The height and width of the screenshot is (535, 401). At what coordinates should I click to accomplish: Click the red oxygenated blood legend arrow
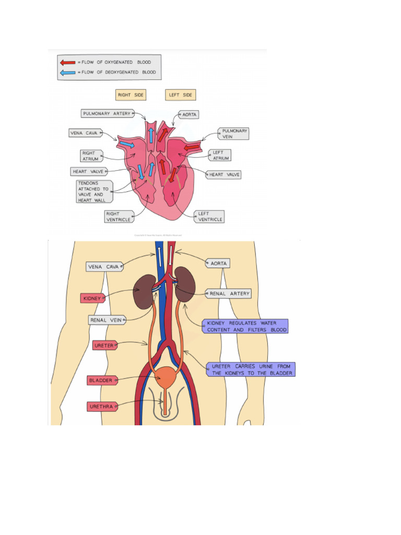coord(67,62)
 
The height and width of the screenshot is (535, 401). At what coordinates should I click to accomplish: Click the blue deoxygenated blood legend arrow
coord(67,73)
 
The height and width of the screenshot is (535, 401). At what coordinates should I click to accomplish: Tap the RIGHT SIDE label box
coord(131,95)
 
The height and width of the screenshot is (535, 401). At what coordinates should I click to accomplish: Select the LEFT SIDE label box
coord(181,95)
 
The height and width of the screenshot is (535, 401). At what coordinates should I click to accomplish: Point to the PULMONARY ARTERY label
coord(107,113)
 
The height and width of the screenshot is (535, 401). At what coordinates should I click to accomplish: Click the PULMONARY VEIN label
coord(234,134)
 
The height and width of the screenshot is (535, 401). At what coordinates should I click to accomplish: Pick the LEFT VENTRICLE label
coord(210,217)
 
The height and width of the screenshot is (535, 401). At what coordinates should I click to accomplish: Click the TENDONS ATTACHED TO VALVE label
coord(93,191)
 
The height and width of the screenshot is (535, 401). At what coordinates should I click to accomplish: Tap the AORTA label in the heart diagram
coord(189,114)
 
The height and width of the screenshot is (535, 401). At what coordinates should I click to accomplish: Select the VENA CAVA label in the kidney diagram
coord(104,267)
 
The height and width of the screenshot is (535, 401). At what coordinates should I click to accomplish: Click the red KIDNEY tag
coord(92,298)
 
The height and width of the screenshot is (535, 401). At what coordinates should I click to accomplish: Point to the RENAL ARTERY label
coord(229,294)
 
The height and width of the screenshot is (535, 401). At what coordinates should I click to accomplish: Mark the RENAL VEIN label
coord(106,320)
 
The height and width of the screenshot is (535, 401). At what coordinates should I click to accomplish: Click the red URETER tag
coord(104,345)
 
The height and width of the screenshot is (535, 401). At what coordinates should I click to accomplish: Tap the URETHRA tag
coord(102,406)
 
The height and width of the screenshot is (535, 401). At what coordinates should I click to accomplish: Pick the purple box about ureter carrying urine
coord(250,369)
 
